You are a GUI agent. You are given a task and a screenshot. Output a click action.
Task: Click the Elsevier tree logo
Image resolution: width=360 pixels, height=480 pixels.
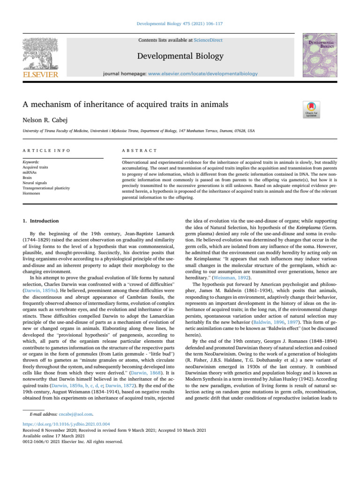pos(39,52)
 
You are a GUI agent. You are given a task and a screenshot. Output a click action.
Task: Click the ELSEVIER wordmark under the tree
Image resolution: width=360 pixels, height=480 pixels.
pos(39,75)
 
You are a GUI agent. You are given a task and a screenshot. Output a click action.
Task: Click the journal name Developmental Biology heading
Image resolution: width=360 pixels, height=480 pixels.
pos(180,57)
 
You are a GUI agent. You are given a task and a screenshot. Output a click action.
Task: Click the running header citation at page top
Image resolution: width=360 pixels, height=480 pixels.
pos(180,23)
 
